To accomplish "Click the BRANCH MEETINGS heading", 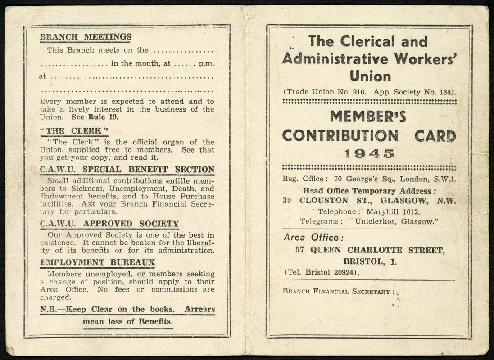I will [86, 37].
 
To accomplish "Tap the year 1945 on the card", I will [369, 153].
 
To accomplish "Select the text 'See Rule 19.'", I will [95, 117].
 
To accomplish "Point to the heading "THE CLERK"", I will [74, 131].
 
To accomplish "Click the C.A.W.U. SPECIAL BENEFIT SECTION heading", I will [127, 170].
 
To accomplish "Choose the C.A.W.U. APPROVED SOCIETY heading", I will [109, 224].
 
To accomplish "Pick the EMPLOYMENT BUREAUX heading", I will [97, 262].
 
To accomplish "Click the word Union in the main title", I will [370, 76].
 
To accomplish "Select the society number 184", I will [447, 92].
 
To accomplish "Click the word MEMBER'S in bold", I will [368, 117].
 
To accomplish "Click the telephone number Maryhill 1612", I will [393, 211].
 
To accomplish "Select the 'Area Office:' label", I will [314, 237].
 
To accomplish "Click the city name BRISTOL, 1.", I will [370, 261].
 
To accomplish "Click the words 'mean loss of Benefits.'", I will [127, 322].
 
